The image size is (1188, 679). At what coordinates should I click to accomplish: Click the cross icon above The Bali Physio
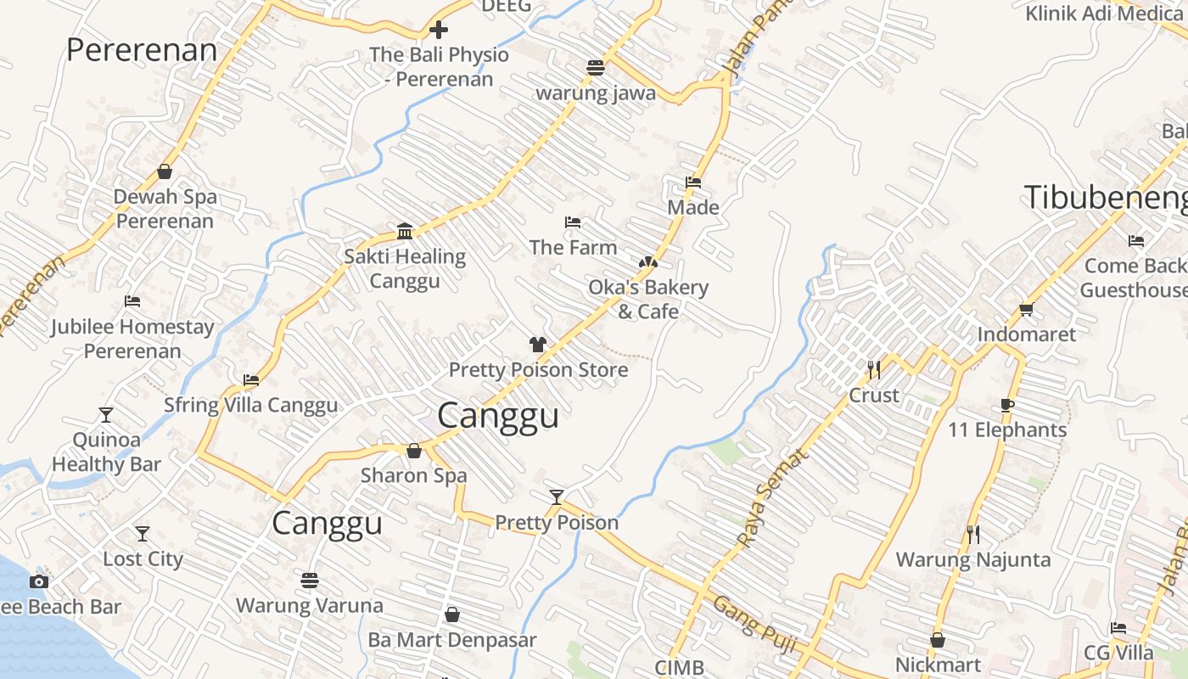tap(438, 31)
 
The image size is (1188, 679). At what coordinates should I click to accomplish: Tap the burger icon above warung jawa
tap(596, 68)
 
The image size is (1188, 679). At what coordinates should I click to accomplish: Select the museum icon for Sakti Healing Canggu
tap(405, 231)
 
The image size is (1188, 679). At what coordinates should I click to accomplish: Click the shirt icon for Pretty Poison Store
tap(538, 345)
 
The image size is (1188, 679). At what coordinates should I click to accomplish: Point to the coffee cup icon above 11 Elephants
tap(1007, 405)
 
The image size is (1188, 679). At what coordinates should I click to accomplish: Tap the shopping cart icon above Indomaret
tap(1026, 309)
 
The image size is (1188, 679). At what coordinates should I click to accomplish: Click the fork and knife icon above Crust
tap(874, 370)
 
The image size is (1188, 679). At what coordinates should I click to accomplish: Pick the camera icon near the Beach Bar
tap(39, 581)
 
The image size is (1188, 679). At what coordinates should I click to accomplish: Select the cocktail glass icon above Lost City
tap(143, 534)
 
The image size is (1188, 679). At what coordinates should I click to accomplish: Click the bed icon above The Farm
tap(573, 222)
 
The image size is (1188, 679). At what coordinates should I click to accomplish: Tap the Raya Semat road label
tap(773, 497)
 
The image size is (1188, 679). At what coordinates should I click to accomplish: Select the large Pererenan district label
tap(142, 50)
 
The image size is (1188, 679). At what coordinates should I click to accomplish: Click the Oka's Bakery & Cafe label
tap(648, 299)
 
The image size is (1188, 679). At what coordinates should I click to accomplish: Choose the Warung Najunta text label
tap(973, 559)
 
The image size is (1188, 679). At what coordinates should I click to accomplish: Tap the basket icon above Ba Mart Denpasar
tap(452, 614)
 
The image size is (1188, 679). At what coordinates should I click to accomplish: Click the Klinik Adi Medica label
tap(1104, 14)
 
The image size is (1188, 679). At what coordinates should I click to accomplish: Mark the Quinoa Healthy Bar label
tap(106, 452)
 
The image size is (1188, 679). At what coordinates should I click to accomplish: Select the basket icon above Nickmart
tap(938, 640)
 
